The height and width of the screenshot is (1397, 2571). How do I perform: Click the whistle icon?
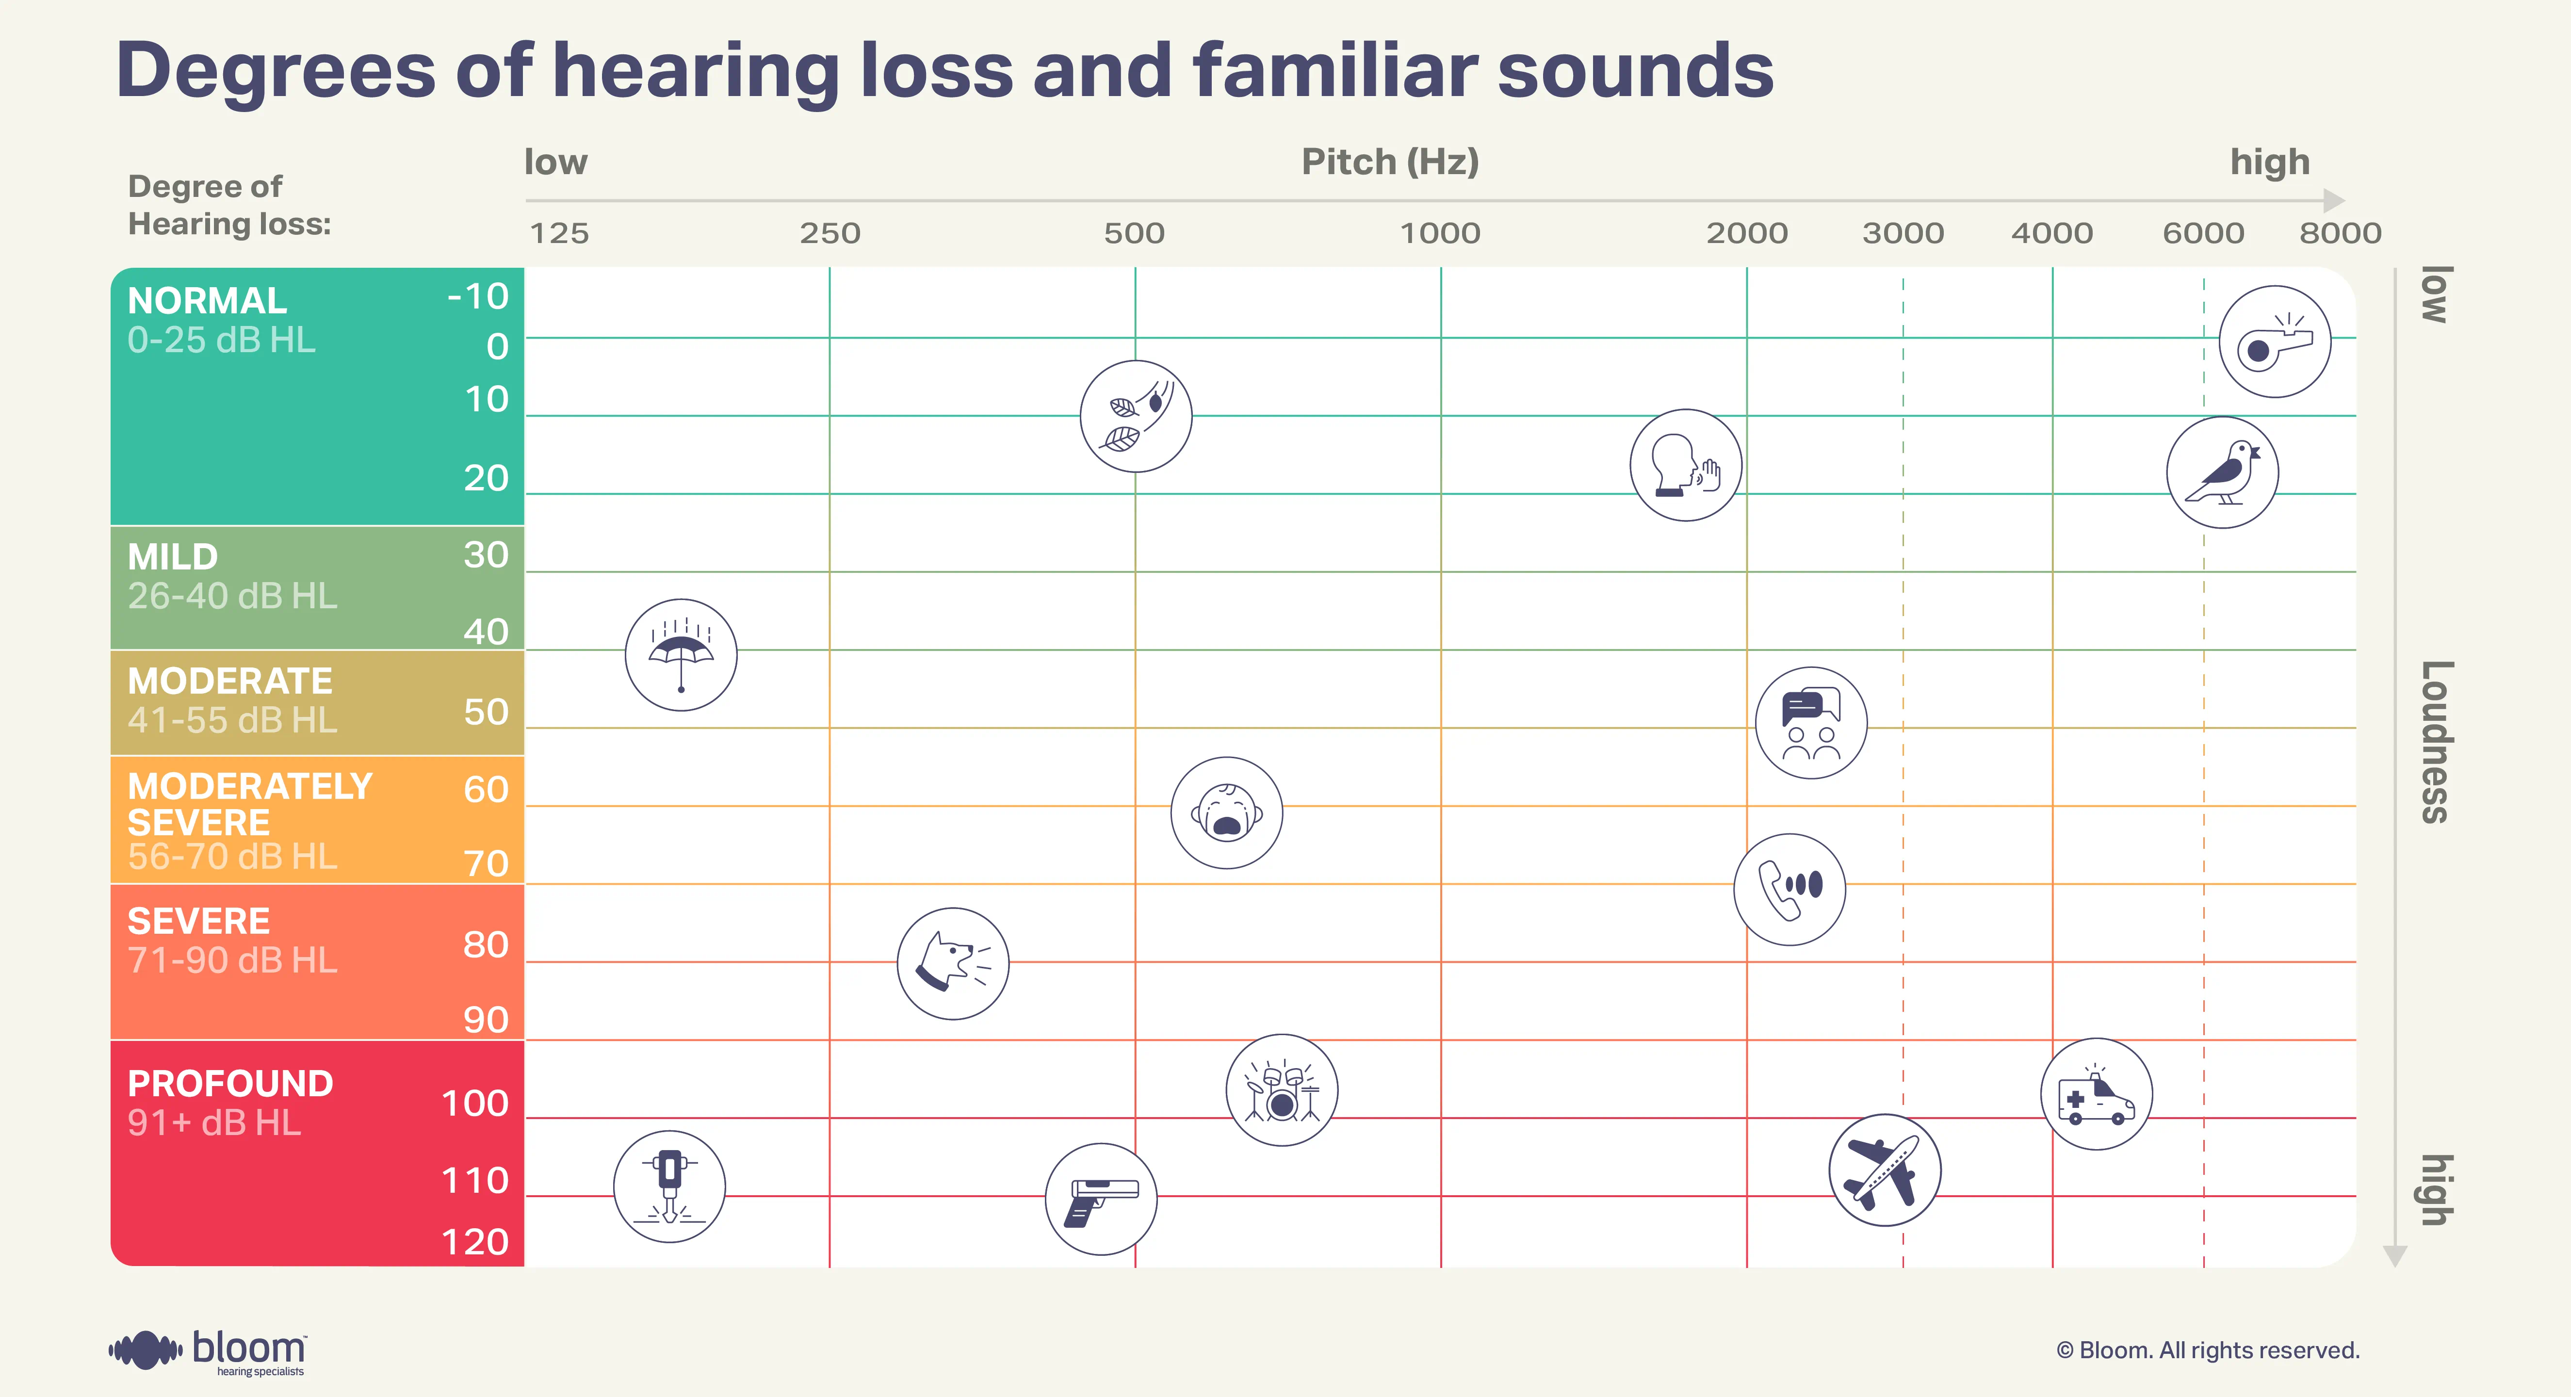(x=2275, y=342)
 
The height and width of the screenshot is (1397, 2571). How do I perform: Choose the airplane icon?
(x=1884, y=1170)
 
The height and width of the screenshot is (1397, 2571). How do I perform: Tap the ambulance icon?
(x=2096, y=1095)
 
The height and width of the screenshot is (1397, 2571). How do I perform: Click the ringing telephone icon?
(x=1790, y=889)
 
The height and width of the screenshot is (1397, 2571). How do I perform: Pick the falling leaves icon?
(x=1136, y=416)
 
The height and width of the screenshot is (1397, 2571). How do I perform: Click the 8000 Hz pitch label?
(x=2340, y=233)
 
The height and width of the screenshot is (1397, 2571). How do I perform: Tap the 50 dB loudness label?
(x=486, y=713)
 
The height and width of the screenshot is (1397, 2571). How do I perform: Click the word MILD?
(x=173, y=557)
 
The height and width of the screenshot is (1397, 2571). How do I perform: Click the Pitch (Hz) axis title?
(x=1389, y=162)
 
